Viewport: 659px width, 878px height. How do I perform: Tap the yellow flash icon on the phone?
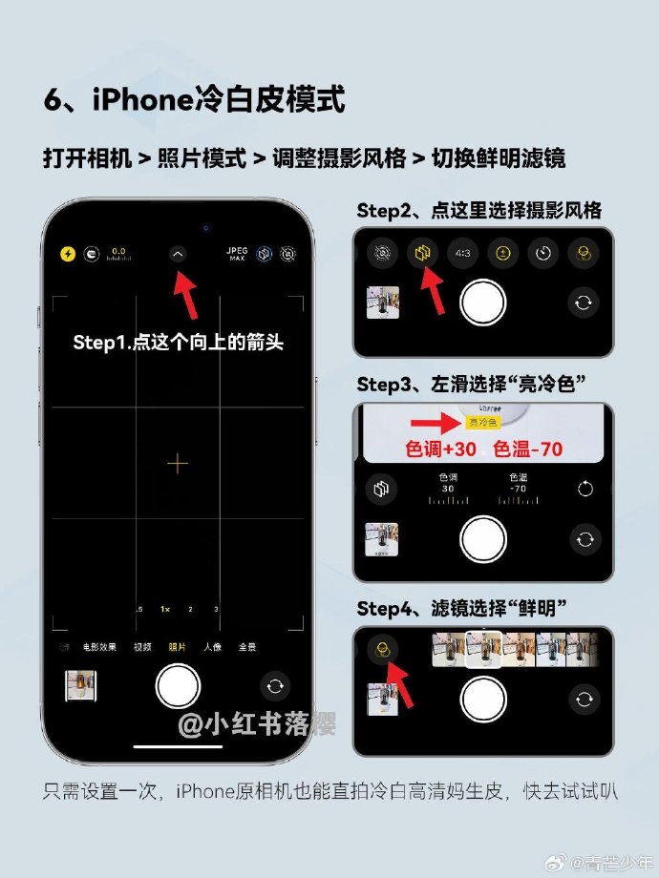click(68, 254)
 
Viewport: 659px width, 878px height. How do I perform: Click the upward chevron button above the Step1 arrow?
click(178, 254)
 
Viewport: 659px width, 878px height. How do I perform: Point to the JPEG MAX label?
click(237, 254)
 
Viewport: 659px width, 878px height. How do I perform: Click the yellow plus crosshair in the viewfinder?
click(178, 464)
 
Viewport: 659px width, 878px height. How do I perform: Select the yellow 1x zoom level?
click(165, 609)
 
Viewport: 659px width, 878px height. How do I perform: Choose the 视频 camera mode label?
click(142, 647)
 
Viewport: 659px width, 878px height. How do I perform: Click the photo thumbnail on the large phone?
click(80, 686)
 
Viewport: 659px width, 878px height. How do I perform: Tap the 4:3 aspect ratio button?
click(461, 252)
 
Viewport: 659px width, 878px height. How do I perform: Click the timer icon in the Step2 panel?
click(544, 252)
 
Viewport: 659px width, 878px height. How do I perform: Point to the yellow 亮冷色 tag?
click(482, 422)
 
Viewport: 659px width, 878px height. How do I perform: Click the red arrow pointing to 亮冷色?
click(434, 422)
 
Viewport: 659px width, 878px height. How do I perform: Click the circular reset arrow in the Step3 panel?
click(585, 489)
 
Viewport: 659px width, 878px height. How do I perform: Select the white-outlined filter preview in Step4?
click(484, 649)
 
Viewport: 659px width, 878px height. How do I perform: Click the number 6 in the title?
click(53, 99)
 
